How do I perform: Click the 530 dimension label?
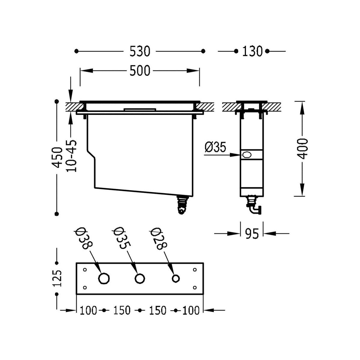(140, 51)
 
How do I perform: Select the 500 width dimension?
(140, 70)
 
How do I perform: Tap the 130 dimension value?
(252, 51)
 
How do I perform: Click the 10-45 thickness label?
(71, 156)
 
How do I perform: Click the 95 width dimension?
(252, 233)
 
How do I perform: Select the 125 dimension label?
(57, 278)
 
